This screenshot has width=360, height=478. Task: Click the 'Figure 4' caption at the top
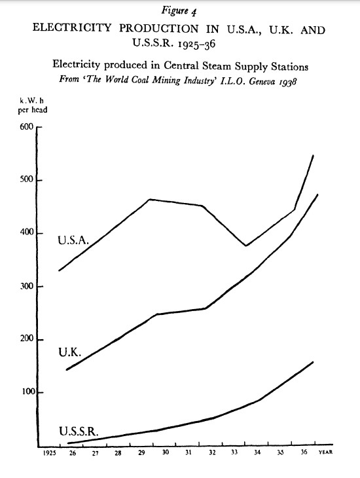click(x=179, y=11)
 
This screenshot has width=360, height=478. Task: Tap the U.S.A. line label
click(x=73, y=240)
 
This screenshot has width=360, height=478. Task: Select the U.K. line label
click(x=70, y=352)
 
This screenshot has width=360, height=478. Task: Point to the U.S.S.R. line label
click(x=79, y=432)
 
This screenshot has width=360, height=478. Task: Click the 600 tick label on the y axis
click(x=27, y=127)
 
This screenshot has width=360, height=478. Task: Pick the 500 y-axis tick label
click(x=27, y=179)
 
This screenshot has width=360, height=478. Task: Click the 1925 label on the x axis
click(x=49, y=453)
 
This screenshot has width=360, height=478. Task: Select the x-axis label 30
click(x=165, y=452)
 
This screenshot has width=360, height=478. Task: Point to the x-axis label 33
click(x=234, y=452)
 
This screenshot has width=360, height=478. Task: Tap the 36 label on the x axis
click(x=304, y=452)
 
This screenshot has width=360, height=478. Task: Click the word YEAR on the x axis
click(x=325, y=452)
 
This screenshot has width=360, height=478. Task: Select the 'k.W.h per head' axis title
click(x=33, y=105)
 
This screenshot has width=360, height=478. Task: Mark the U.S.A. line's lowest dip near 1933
click(x=246, y=246)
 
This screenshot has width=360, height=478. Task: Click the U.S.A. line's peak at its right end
click(x=313, y=155)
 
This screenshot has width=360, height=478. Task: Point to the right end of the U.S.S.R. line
click(x=313, y=362)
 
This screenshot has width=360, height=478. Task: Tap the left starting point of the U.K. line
click(x=67, y=369)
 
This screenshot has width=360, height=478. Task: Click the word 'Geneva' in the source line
click(x=262, y=81)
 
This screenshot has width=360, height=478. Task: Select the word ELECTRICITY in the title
click(x=72, y=28)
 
